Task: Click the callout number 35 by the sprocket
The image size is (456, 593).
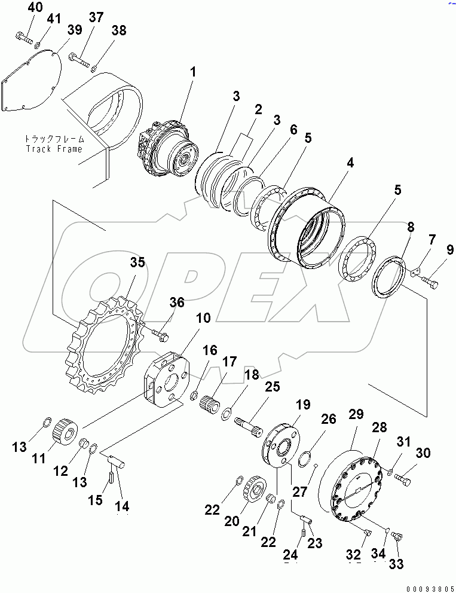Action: point(137,262)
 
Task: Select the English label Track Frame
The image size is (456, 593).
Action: point(54,148)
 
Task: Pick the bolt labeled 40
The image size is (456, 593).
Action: point(23,38)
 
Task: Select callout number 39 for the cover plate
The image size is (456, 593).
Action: point(74,31)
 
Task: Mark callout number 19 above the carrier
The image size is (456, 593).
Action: point(302,404)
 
